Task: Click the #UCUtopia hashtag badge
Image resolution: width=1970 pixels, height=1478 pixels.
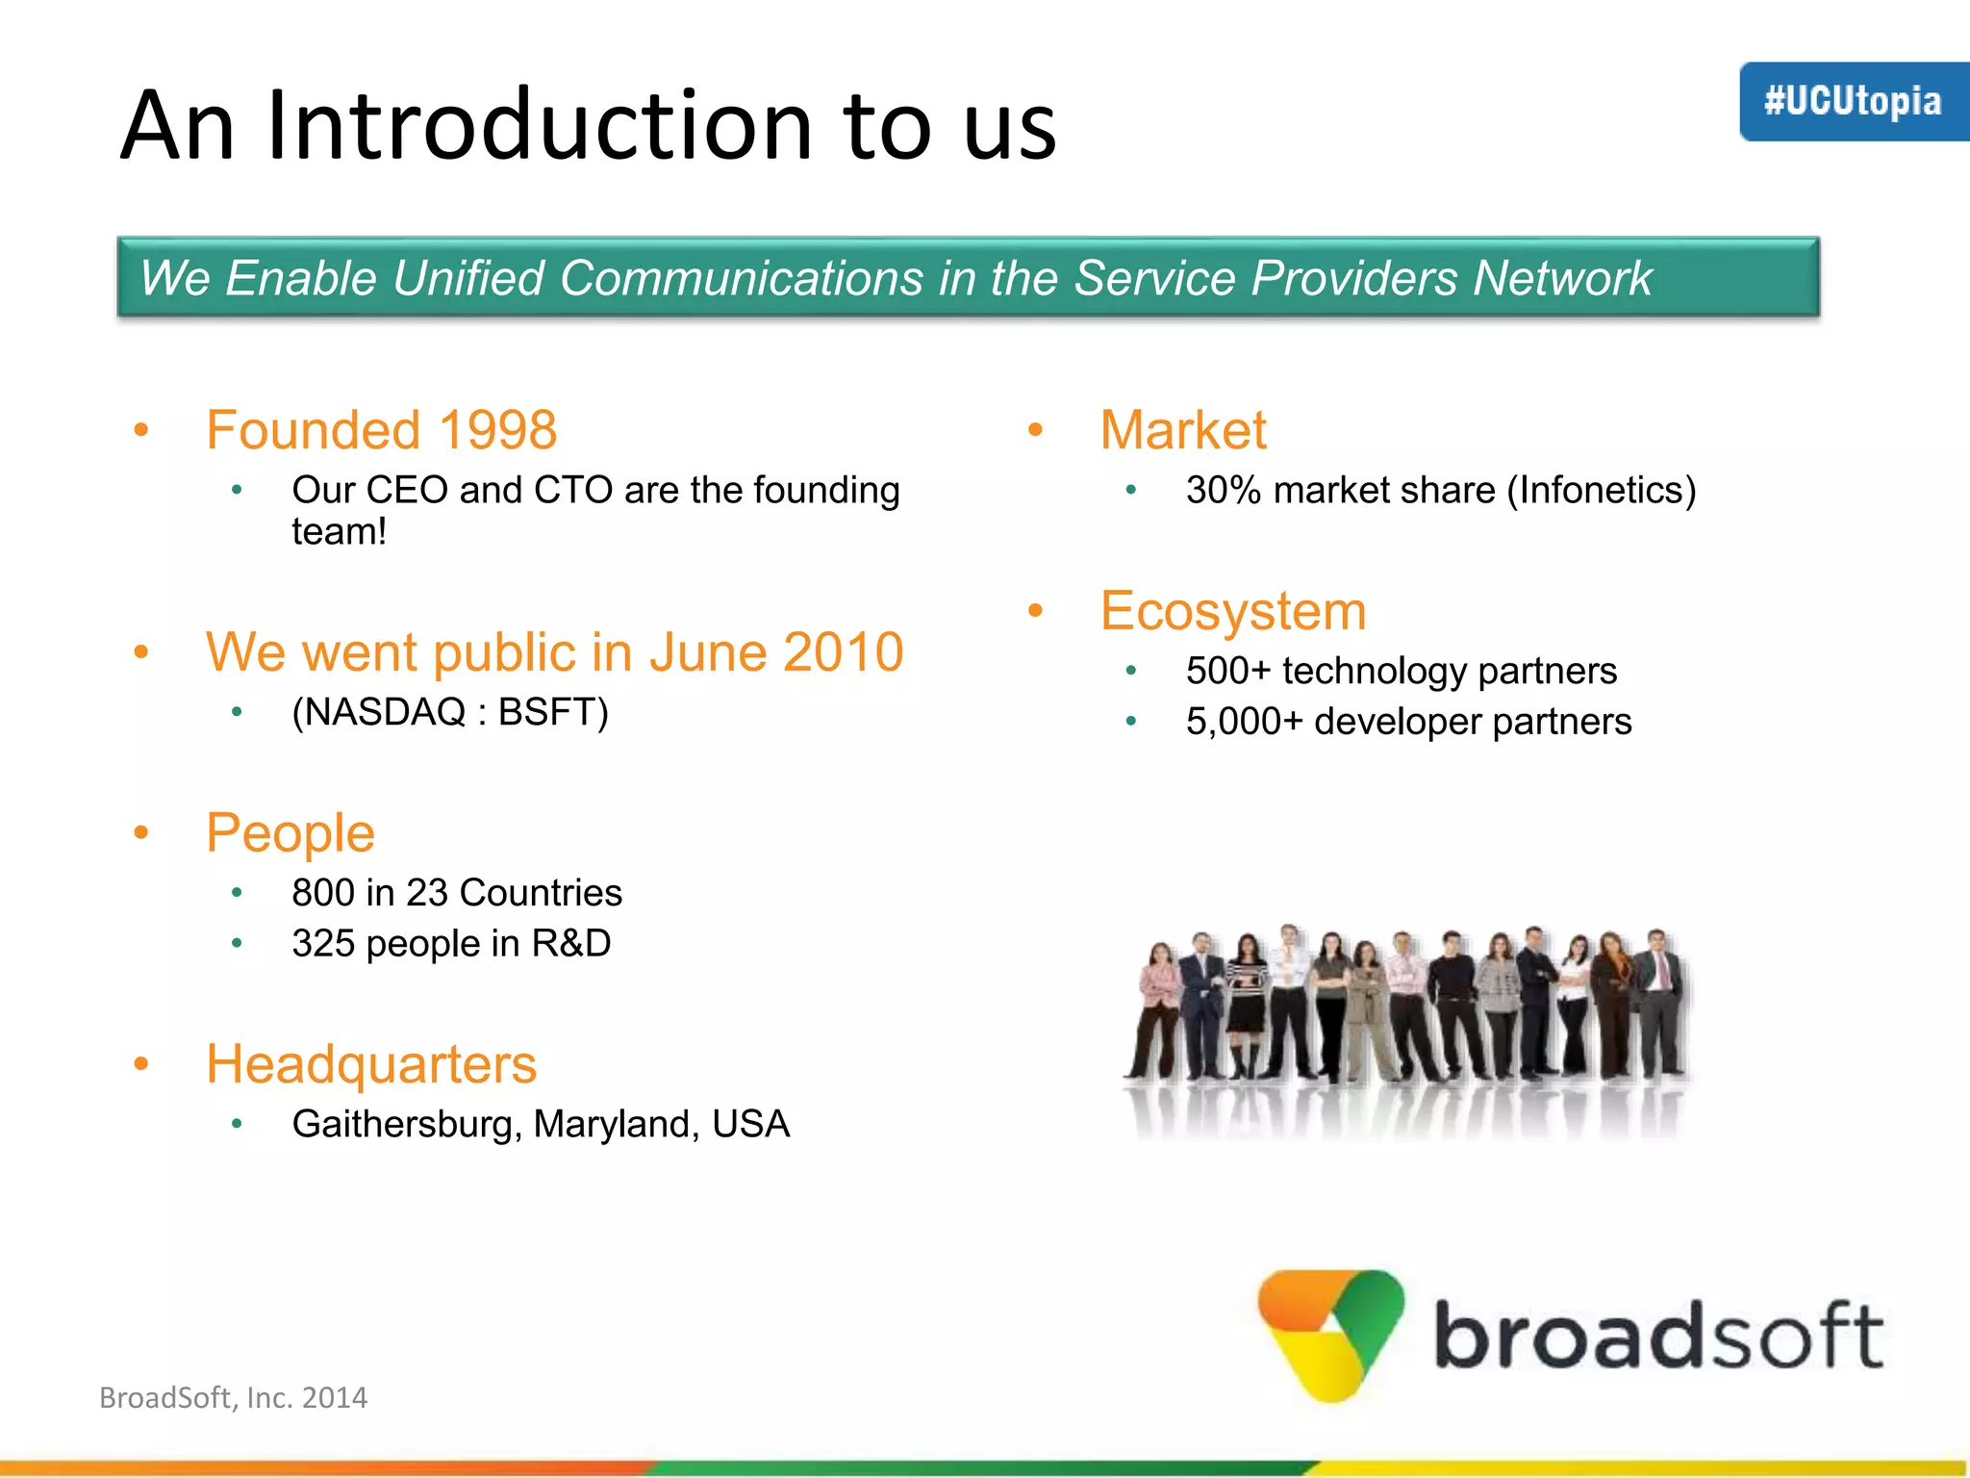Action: [1853, 101]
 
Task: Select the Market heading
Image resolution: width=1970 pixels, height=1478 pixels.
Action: [1183, 430]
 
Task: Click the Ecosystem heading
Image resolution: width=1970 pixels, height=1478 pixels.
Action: [1233, 611]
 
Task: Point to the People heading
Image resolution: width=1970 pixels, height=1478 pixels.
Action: [290, 832]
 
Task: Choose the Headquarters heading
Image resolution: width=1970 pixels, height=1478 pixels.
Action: [371, 1064]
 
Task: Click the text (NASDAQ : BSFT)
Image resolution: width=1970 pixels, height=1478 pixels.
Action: [450, 712]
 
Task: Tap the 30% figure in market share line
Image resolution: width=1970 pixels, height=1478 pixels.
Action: [1224, 491]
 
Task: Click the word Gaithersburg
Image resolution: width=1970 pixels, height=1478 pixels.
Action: [408, 1124]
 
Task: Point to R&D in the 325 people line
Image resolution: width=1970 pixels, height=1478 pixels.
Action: [571, 943]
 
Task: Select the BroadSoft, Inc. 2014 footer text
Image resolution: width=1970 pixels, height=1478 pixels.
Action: [234, 1397]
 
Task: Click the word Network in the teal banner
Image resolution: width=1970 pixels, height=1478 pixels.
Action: [1562, 278]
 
